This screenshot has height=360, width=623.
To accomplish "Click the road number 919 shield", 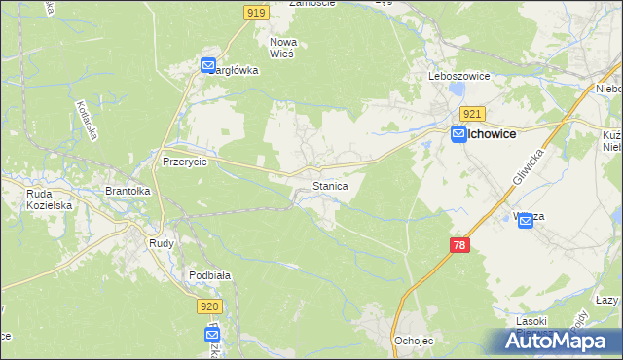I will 256,12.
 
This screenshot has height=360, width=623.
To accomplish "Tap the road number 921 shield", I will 472,114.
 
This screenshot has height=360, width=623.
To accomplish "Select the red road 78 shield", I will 460,245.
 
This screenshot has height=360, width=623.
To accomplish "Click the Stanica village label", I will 330,184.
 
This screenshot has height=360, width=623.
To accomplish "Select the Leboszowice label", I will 458,75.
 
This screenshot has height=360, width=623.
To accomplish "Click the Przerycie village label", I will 185,162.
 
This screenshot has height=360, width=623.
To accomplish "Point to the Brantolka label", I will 128,192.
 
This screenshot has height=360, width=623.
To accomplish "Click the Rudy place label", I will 161,243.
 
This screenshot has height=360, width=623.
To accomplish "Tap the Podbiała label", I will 209,275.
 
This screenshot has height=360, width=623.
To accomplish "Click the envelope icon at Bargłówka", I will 208,65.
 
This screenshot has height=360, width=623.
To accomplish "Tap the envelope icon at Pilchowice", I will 458,137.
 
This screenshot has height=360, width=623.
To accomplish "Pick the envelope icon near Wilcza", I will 526,221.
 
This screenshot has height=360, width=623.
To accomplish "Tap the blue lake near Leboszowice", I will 456,92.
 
